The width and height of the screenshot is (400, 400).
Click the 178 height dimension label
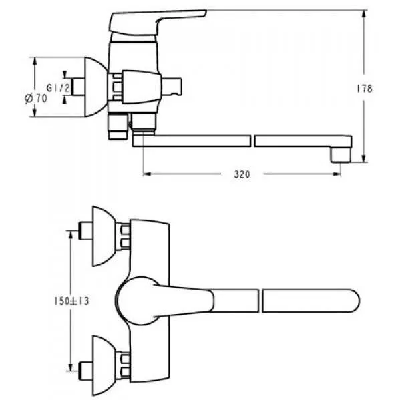pos(365,89)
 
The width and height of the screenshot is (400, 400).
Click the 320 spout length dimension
pos(242,174)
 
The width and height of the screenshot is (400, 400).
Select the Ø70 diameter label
pos(36,98)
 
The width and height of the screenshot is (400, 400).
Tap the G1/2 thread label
pos(58,88)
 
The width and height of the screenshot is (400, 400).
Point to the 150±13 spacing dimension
pos(71,301)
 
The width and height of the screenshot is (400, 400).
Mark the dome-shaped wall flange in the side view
pos(95,87)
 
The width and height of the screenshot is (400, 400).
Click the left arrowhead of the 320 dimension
pos(147,174)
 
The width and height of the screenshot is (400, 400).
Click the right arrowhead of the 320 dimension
pos(337,174)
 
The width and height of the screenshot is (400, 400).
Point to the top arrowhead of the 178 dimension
pos(364,14)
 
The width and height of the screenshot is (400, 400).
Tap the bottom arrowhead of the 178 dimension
pos(364,158)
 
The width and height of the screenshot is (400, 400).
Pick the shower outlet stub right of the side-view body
pos(172,87)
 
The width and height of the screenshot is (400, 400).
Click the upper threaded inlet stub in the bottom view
pos(85,231)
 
